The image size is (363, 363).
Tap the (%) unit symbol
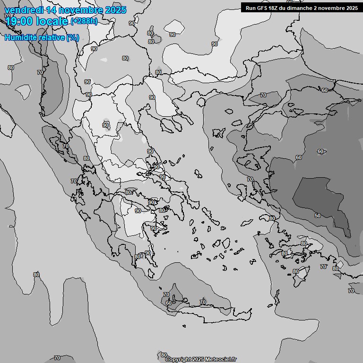73,38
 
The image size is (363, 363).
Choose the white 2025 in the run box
349,8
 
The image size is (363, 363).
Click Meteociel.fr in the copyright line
220,359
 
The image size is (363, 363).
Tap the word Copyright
179,359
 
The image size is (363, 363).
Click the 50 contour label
318,216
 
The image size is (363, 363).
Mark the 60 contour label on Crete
169,302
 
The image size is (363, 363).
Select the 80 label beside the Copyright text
164,355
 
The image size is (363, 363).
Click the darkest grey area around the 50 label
321,199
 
